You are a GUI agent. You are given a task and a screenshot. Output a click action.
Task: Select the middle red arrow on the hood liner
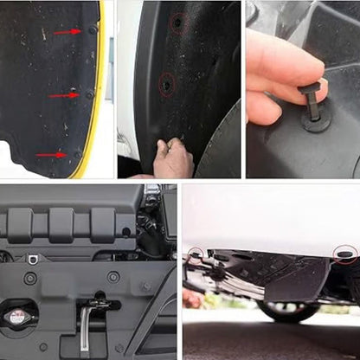(64, 95)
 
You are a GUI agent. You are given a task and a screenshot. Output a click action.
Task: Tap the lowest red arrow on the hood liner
(51, 155)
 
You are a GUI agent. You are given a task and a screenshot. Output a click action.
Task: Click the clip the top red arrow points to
(93, 30)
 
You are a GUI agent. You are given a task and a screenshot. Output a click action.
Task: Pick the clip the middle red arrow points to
(88, 94)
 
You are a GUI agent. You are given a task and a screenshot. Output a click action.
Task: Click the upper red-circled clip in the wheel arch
(177, 22)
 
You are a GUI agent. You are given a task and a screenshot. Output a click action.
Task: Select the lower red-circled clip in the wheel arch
(166, 84)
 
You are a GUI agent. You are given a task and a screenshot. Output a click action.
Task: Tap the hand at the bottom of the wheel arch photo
(173, 159)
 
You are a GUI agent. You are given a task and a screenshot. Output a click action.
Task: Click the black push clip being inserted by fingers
(314, 110)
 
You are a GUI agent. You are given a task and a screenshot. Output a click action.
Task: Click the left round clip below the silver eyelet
(30, 279)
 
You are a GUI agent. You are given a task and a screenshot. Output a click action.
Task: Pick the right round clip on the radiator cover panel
(113, 277)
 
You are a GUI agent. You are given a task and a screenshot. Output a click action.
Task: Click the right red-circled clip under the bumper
(344, 254)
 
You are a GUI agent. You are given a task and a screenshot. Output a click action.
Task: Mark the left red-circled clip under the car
(196, 254)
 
